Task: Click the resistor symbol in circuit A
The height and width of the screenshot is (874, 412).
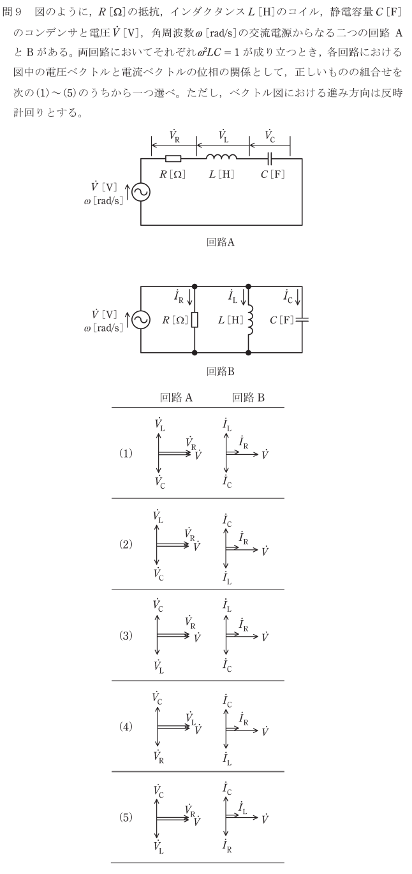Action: (173, 159)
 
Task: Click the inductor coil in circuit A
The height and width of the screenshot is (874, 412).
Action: (221, 157)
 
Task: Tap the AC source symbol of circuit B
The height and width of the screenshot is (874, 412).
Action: (141, 319)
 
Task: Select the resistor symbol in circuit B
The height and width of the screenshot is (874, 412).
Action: (194, 319)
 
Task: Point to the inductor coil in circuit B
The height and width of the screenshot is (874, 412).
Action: (248, 319)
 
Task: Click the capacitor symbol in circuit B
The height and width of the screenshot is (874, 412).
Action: (302, 319)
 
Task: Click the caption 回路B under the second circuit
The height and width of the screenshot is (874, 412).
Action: (220, 371)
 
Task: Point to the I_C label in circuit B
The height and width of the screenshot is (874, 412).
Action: (288, 295)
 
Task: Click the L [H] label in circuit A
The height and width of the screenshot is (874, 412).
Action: (221, 174)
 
